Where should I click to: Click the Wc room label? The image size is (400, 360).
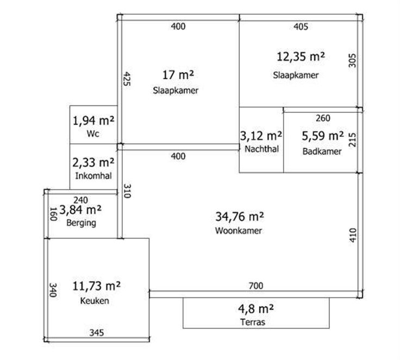93,134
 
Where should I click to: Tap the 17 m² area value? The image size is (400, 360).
178,75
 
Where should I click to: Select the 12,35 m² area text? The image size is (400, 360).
301,56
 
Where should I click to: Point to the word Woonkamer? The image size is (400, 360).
239,230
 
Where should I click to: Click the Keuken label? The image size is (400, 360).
95,301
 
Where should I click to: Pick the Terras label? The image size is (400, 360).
253,322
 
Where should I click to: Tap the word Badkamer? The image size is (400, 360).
322,151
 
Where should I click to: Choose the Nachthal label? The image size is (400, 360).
262,149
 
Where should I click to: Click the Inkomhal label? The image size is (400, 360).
93,176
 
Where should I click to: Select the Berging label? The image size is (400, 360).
81,223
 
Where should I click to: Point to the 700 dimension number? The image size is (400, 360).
256,286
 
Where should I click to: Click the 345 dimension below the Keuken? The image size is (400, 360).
97,333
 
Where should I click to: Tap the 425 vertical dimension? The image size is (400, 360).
127,79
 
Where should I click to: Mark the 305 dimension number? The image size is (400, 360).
352,60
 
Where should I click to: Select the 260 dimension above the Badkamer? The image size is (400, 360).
323,118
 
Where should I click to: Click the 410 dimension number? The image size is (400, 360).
352,235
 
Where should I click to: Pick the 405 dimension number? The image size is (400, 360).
301,27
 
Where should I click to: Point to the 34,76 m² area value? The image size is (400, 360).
240,217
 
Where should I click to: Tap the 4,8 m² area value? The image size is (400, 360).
256,309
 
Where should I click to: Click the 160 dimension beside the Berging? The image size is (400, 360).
53,214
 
